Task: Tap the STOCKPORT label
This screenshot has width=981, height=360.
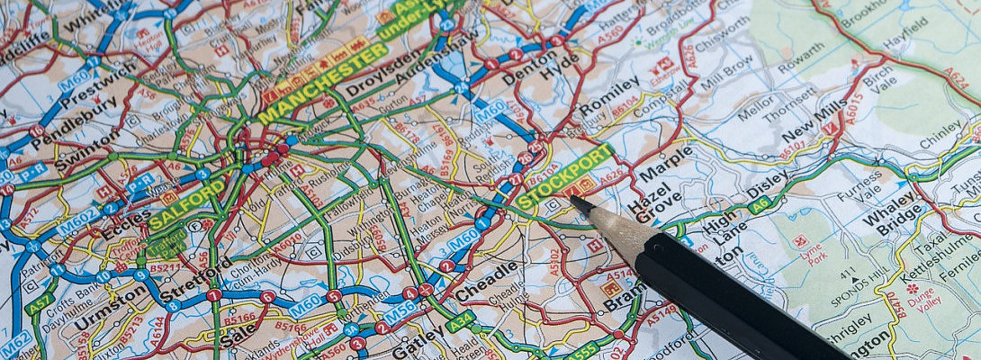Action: pos(565,176)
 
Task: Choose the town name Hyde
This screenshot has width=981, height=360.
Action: pos(561,67)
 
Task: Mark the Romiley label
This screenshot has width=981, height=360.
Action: pos(608,96)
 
